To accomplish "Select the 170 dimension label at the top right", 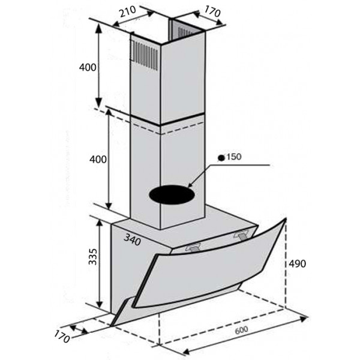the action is click(212, 11).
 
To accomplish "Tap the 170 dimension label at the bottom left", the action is click(62, 337).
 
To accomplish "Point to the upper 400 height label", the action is click(88, 67).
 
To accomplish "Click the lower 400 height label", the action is click(98, 160).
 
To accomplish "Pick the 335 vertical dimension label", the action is click(93, 256).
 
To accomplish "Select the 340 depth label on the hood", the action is click(132, 240).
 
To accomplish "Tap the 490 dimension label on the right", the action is click(298, 264).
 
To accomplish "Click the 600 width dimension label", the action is click(242, 330).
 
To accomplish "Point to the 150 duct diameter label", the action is click(234, 157).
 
